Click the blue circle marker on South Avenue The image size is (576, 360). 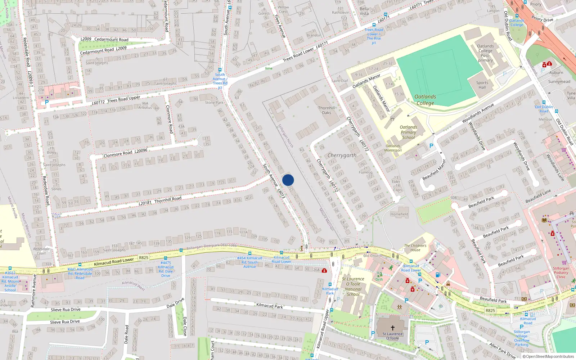(288, 180)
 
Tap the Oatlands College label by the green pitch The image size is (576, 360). (425, 100)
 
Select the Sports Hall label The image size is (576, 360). (482, 85)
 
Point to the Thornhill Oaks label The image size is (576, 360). (327, 110)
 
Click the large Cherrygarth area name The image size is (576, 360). (342, 156)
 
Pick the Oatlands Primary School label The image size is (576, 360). (409, 132)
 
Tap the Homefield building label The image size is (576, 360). (399, 214)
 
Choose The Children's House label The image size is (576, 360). (415, 248)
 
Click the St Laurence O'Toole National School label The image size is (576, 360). (353, 287)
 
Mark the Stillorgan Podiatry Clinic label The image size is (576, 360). (561, 273)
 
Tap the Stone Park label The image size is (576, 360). (214, 103)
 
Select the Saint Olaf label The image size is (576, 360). (339, 81)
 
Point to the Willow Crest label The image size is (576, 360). (283, 9)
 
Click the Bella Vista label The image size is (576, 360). (364, 11)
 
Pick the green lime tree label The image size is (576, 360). (269, 68)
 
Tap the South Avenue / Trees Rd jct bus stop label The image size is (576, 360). (220, 81)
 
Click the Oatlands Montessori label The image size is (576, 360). (393, 148)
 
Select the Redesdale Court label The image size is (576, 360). (41, 251)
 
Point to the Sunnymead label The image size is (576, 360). (559, 82)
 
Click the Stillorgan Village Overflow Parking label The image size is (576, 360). (522, 338)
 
